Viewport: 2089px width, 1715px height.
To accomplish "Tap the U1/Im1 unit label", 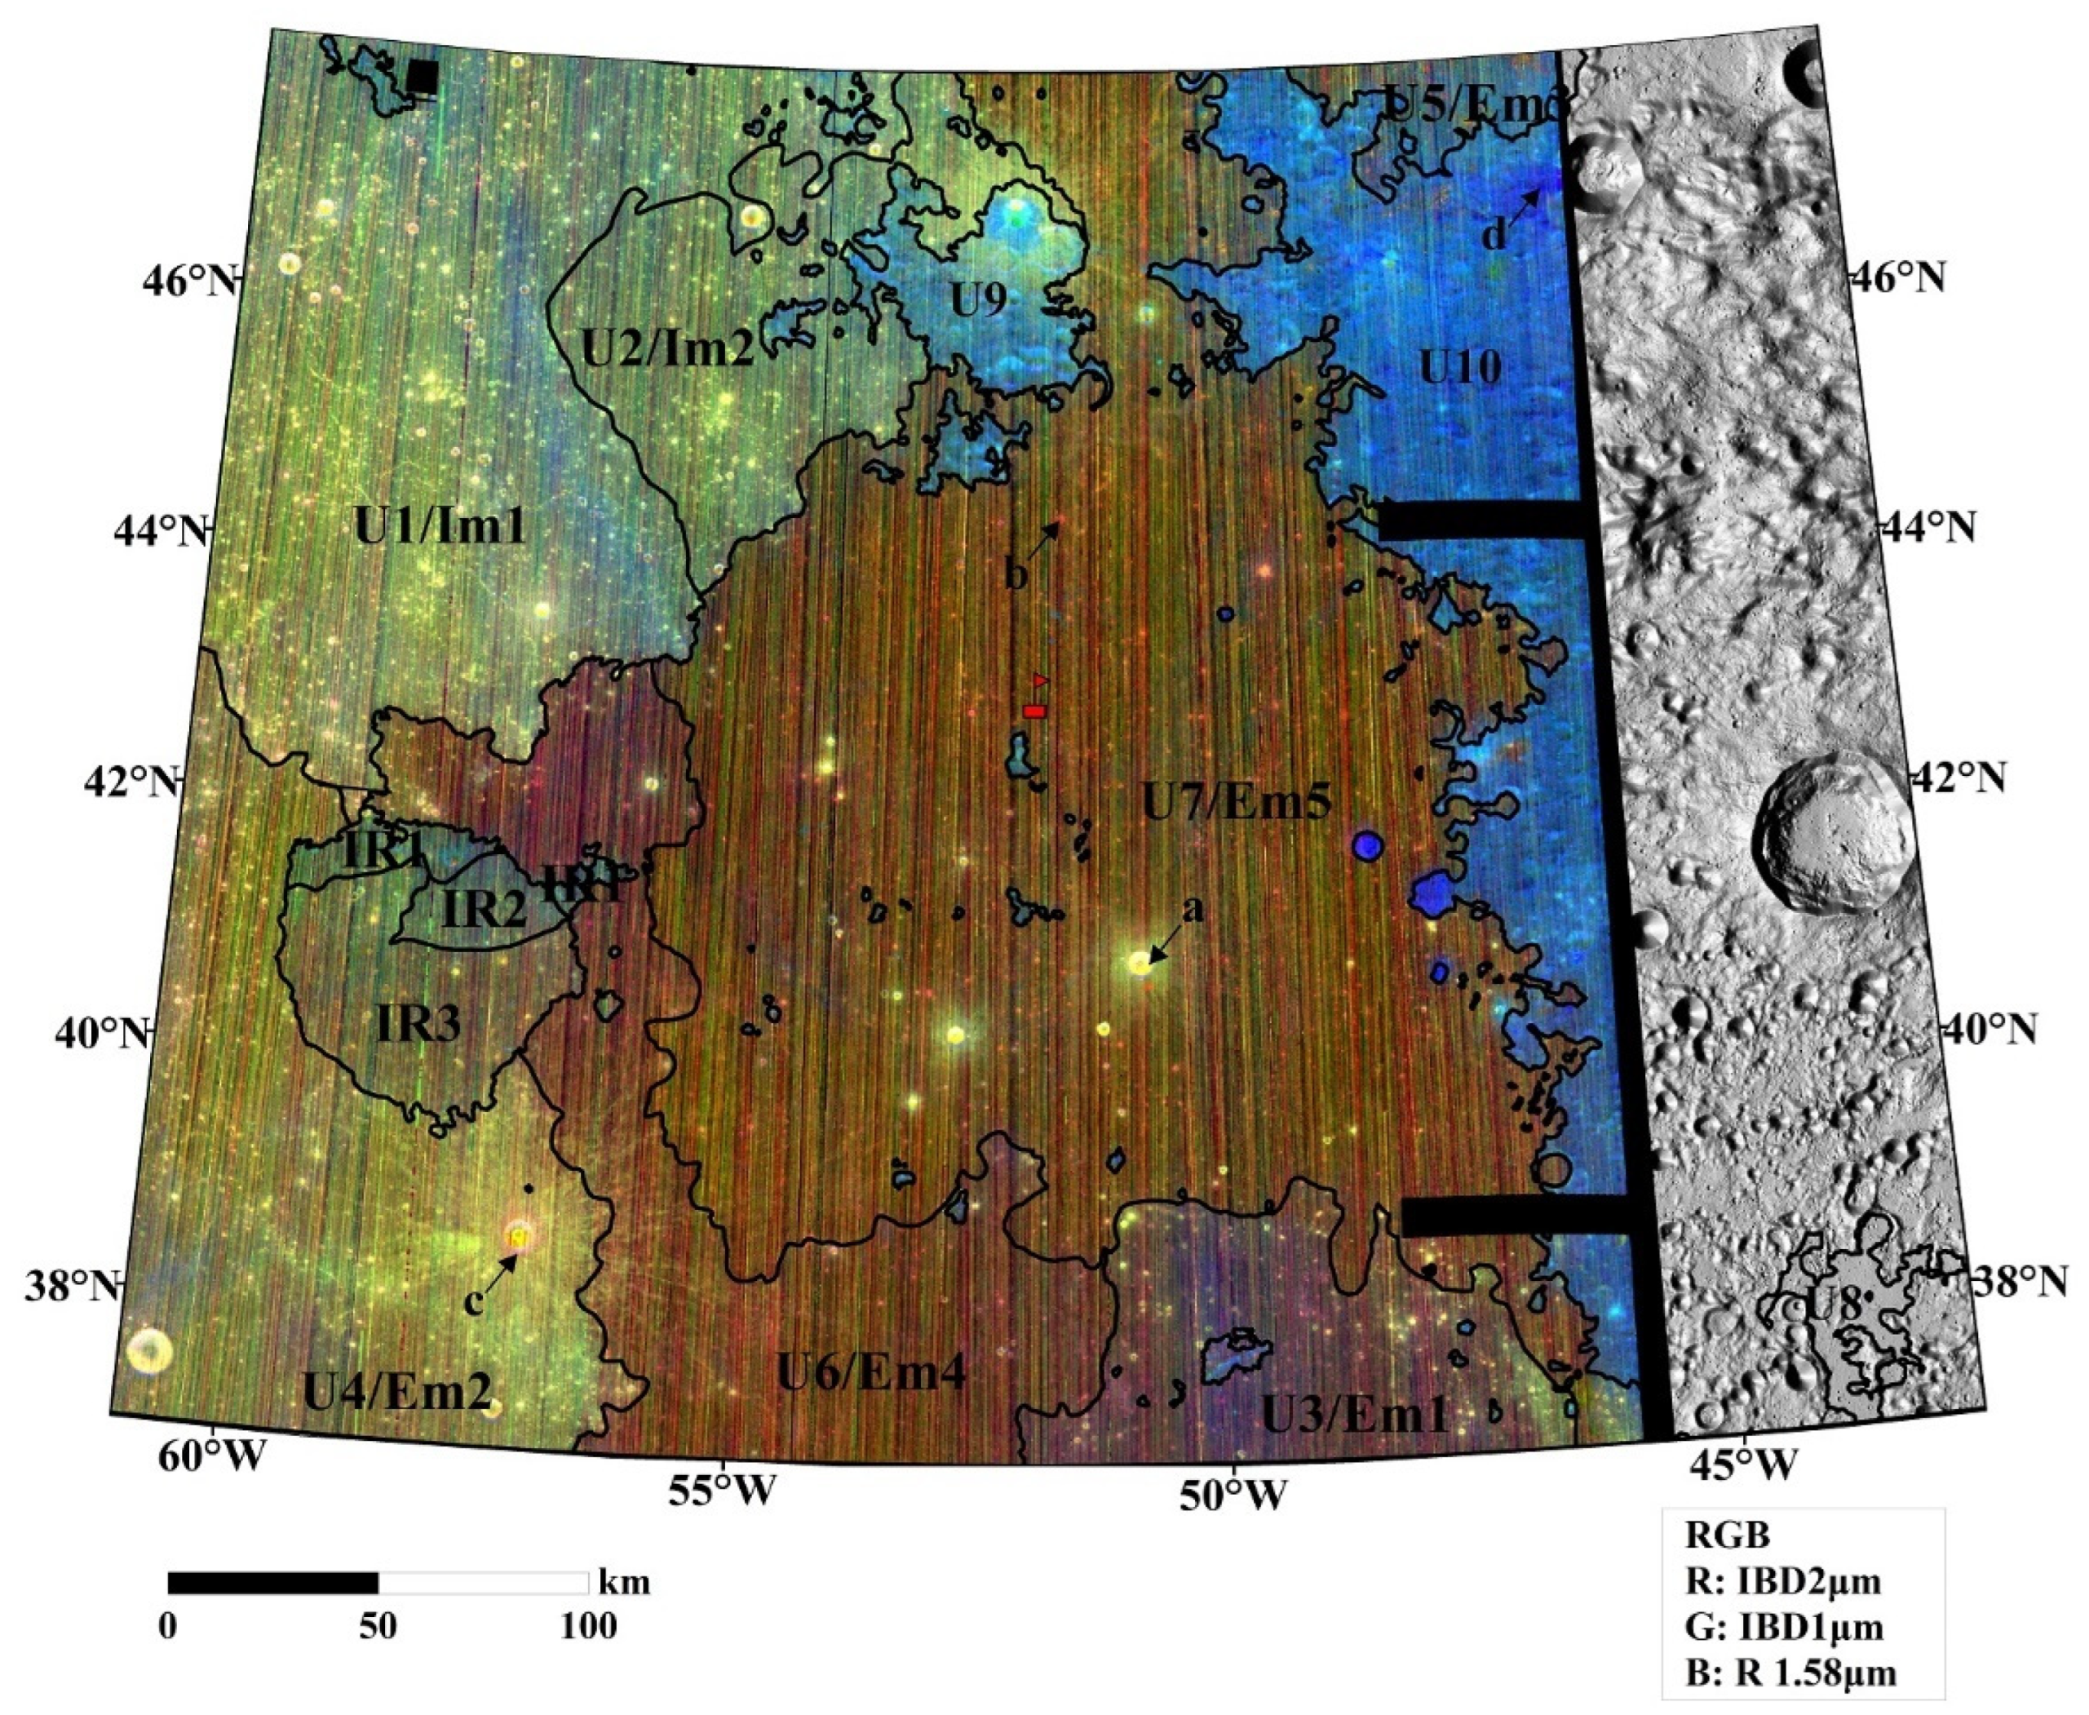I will pos(440,529).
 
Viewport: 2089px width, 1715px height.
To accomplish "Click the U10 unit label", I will pos(1460,366).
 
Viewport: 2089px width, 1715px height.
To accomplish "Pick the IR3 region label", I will pos(418,1026).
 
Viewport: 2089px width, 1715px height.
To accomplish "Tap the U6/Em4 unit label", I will pos(871,1372).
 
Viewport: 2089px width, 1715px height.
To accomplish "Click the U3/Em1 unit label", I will pos(1355,1416).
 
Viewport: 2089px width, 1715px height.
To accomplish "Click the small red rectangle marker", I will pos(1034,711).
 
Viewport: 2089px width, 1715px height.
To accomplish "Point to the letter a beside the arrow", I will pos(1193,908).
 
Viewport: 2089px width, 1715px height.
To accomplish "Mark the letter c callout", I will pos(474,1303).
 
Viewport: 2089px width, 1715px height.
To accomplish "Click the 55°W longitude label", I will pos(722,1491).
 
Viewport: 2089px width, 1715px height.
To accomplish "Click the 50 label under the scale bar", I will pos(378,1625).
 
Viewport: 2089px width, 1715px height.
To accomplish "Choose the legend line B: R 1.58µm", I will pos(1790,1674).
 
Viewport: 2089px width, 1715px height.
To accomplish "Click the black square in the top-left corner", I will pos(422,76).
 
